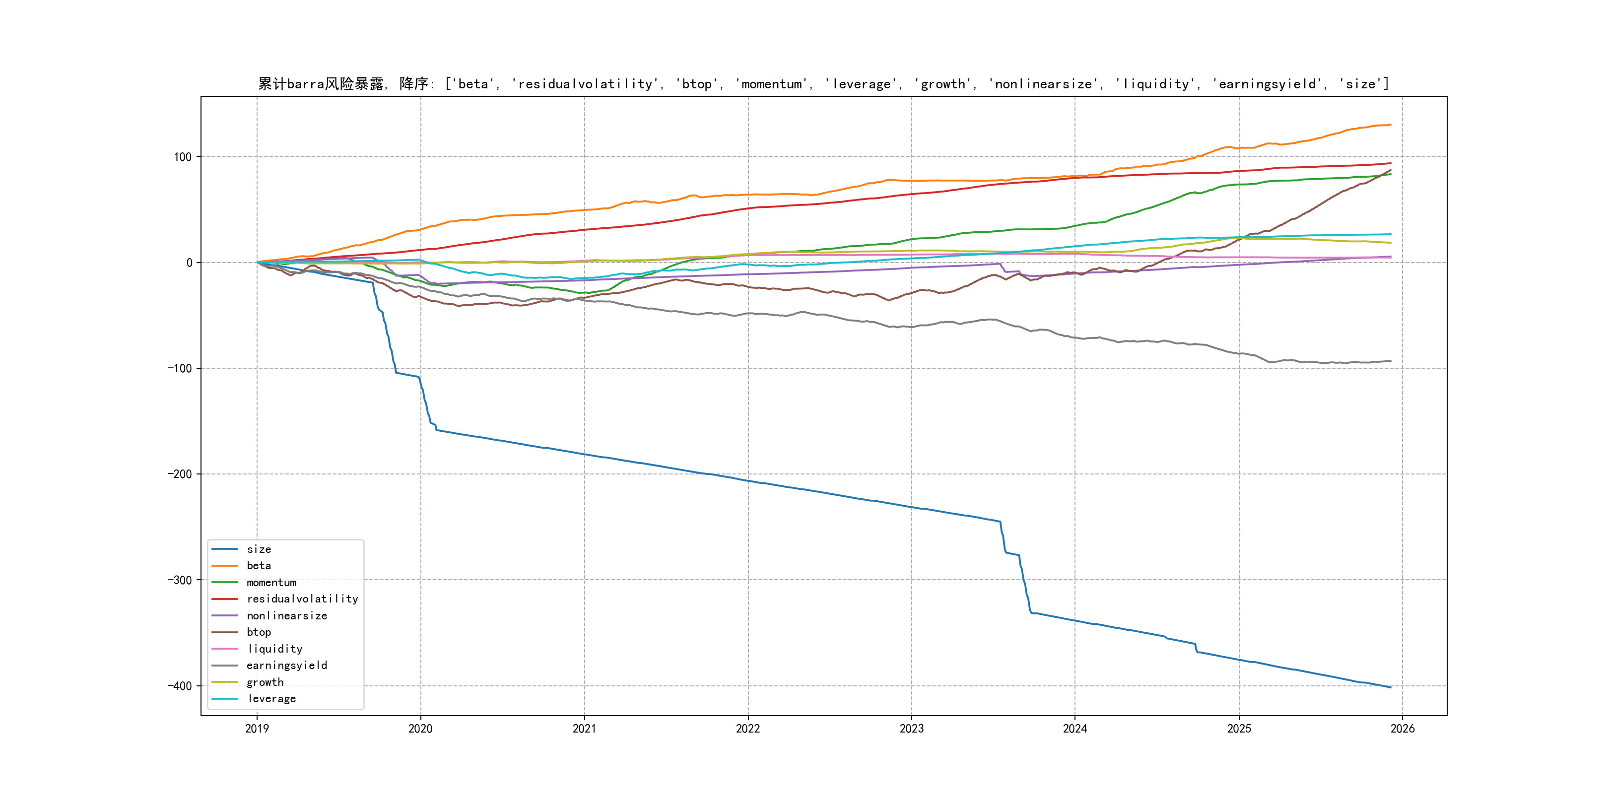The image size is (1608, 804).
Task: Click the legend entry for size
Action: point(259,549)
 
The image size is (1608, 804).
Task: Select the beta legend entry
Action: point(259,566)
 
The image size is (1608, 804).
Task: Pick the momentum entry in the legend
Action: point(271,582)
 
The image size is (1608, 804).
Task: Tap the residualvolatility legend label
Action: point(302,599)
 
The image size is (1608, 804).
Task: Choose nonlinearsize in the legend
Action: point(286,615)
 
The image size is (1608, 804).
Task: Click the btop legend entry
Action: point(259,632)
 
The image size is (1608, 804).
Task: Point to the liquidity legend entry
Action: point(274,649)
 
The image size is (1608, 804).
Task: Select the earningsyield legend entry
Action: point(286,666)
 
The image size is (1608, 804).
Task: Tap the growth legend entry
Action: point(265,682)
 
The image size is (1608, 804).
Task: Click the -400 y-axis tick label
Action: point(180,686)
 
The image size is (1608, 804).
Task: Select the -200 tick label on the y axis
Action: point(180,474)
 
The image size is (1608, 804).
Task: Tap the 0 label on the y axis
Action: point(189,263)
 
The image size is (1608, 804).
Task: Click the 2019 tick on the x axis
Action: point(257,729)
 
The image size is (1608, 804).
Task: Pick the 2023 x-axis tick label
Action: point(911,729)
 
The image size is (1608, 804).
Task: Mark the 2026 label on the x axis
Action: point(1403,729)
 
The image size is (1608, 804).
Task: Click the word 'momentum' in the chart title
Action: point(772,84)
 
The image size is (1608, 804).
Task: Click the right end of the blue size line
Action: point(1390,687)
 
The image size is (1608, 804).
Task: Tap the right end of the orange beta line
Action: point(1390,125)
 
